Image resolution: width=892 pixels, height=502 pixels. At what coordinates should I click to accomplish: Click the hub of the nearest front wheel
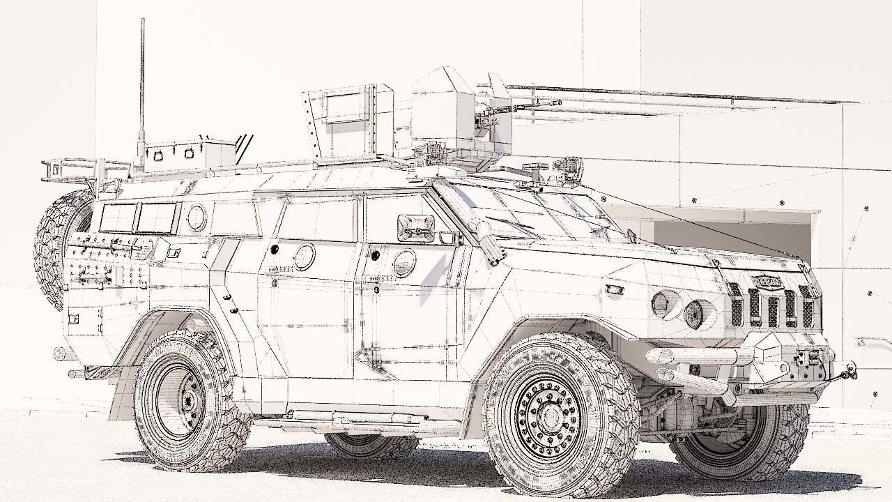(x=551, y=416)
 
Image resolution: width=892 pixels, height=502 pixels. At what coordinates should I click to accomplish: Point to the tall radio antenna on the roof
(x=142, y=84)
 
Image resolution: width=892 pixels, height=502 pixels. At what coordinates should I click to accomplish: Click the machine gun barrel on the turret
(x=537, y=105)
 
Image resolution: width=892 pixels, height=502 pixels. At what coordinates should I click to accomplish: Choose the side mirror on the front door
(x=415, y=228)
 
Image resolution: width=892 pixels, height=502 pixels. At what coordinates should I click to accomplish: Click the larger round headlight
(x=694, y=314)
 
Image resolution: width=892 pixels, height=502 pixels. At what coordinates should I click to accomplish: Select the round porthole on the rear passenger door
(x=304, y=257)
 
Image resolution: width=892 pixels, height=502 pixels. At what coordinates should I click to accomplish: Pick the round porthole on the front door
(x=404, y=263)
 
